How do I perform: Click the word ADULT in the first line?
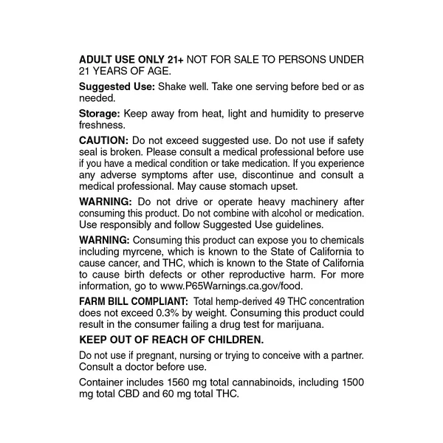(96, 59)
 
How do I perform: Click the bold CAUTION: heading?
(104, 140)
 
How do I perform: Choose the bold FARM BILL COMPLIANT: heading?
(130, 301)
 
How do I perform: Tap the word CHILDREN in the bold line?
(238, 340)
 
